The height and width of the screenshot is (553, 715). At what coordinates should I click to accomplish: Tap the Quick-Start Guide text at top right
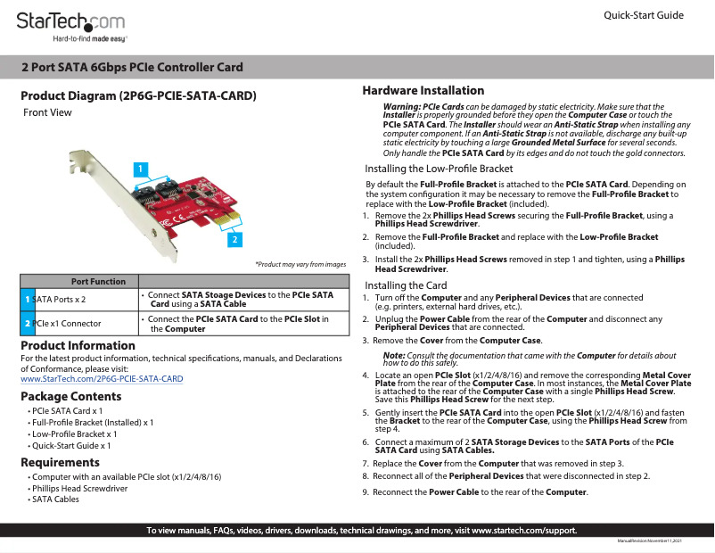(x=643, y=15)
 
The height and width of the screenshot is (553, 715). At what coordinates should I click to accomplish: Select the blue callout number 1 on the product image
(x=140, y=168)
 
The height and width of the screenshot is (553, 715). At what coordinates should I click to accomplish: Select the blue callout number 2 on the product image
(x=234, y=239)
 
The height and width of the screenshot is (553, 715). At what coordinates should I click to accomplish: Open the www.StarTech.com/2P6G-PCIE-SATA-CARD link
(x=102, y=379)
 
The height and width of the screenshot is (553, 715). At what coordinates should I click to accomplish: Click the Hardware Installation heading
(x=423, y=90)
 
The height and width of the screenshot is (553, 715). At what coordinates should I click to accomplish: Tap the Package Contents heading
(x=71, y=397)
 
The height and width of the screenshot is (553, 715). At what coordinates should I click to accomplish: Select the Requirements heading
(x=60, y=462)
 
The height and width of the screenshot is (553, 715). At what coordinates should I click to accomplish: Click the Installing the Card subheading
(x=406, y=285)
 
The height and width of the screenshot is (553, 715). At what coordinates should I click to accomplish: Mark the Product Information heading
(x=78, y=345)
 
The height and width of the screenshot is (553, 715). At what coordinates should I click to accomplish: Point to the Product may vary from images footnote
(x=300, y=264)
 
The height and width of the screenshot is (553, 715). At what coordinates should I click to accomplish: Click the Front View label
(x=47, y=112)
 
